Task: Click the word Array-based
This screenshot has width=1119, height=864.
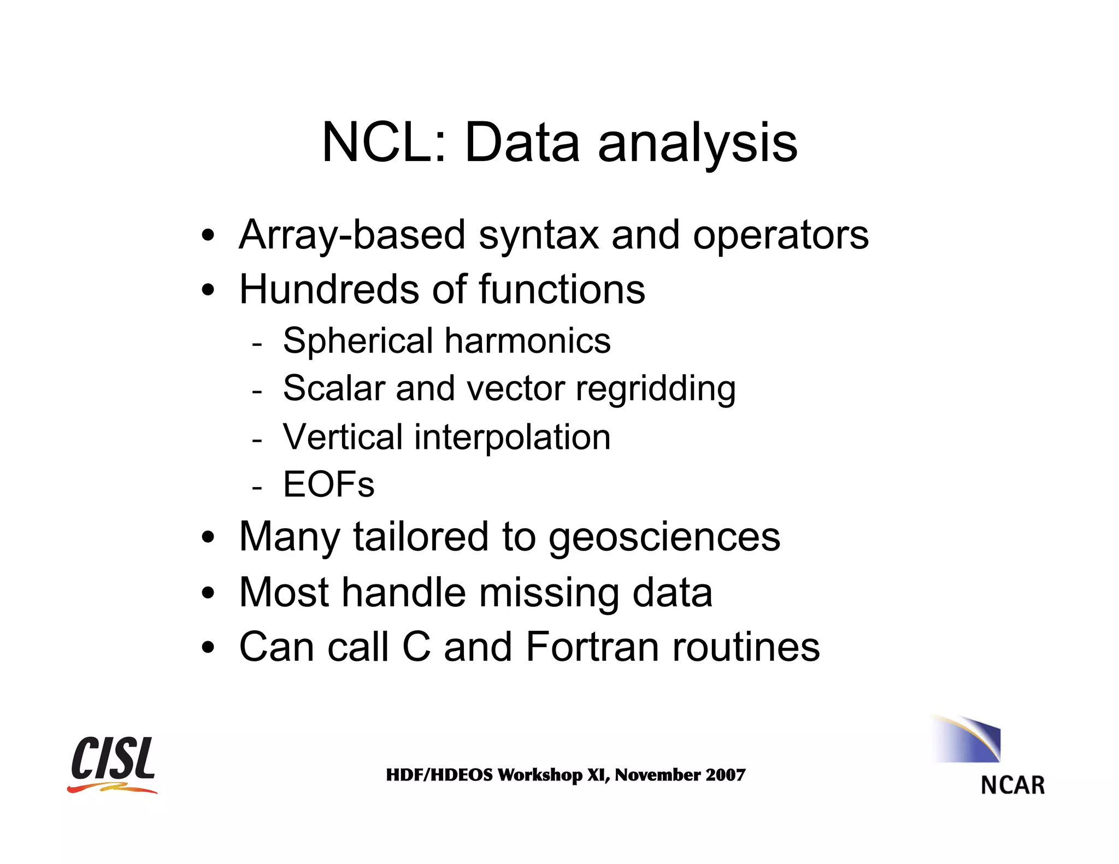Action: click(x=351, y=235)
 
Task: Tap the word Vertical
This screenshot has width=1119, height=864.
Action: click(x=343, y=437)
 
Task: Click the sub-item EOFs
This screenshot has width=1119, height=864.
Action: click(x=328, y=484)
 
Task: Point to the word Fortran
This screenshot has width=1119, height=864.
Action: click(x=592, y=647)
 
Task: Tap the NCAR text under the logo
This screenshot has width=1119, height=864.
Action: click(x=1012, y=785)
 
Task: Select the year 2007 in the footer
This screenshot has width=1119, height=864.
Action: click(x=725, y=775)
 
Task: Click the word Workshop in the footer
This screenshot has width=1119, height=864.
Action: click(x=540, y=775)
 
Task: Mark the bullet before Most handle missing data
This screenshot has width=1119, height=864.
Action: click(x=208, y=593)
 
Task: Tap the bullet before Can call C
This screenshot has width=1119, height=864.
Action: click(x=208, y=648)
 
